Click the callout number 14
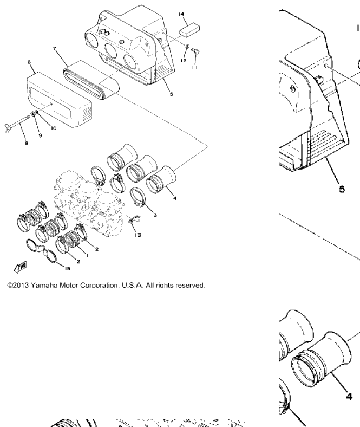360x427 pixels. tap(181, 14)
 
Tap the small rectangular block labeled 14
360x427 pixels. tap(189, 30)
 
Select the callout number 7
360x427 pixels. tap(55, 48)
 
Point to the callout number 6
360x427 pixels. tap(29, 62)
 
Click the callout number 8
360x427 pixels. tap(27, 143)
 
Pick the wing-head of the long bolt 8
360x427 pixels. tap(8, 128)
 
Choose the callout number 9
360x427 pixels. tap(40, 135)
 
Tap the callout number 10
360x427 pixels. tap(54, 128)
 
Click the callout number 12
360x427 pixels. tap(184, 60)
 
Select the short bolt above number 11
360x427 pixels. tap(196, 51)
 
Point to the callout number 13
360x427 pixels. tap(138, 235)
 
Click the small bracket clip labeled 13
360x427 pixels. tap(133, 219)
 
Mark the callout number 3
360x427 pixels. tap(155, 215)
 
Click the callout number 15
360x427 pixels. tap(67, 269)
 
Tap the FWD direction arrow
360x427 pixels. tap(20, 267)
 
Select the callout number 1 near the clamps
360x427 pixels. tap(87, 255)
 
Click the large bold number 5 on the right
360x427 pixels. tap(342, 189)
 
